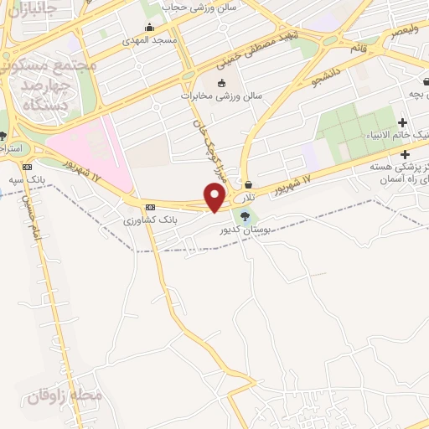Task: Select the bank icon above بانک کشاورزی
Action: pos(150,207)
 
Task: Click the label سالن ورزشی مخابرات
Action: pos(221,96)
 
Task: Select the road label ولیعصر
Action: pos(404,30)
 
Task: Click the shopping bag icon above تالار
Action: pos(249,184)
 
